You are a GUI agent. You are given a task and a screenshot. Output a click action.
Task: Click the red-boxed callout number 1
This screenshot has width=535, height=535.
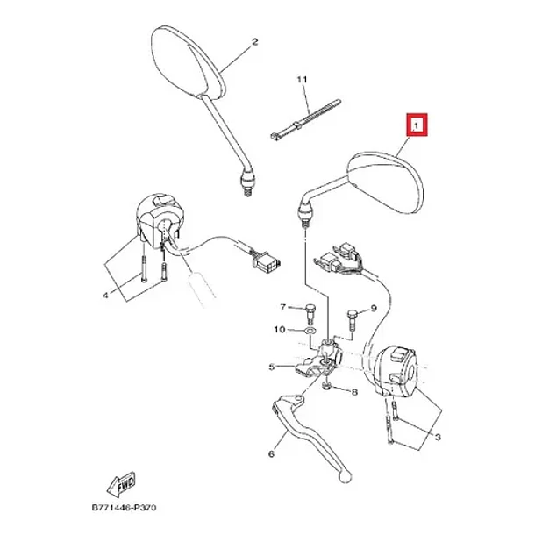[417, 125]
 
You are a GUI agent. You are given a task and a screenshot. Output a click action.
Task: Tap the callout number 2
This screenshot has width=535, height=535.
[254, 42]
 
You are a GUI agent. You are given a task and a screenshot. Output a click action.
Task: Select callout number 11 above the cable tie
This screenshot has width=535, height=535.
[303, 80]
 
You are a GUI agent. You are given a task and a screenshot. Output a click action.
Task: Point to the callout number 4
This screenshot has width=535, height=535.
[106, 295]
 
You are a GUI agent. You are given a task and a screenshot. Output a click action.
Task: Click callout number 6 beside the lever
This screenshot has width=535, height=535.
[272, 453]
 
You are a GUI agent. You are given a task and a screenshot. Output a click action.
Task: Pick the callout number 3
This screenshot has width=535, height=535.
[438, 437]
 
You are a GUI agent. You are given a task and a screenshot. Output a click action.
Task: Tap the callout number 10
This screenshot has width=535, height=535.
[280, 330]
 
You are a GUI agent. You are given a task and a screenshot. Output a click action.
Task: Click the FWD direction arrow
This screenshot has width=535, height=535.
[121, 484]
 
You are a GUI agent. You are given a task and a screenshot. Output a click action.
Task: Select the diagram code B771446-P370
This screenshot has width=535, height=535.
[125, 508]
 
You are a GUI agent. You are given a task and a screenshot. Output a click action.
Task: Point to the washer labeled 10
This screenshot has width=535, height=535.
[310, 331]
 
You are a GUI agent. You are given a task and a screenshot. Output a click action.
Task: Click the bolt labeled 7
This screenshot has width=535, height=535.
[310, 313]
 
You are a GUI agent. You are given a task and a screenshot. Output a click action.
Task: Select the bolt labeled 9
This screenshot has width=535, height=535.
[352, 318]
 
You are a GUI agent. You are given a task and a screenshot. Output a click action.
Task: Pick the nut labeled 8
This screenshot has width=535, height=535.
[327, 386]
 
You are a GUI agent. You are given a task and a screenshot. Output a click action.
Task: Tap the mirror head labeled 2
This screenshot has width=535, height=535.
[188, 62]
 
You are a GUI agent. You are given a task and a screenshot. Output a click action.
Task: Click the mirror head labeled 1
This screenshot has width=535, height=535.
[385, 182]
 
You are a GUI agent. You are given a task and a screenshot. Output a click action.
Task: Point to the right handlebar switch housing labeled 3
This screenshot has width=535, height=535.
[396, 372]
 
